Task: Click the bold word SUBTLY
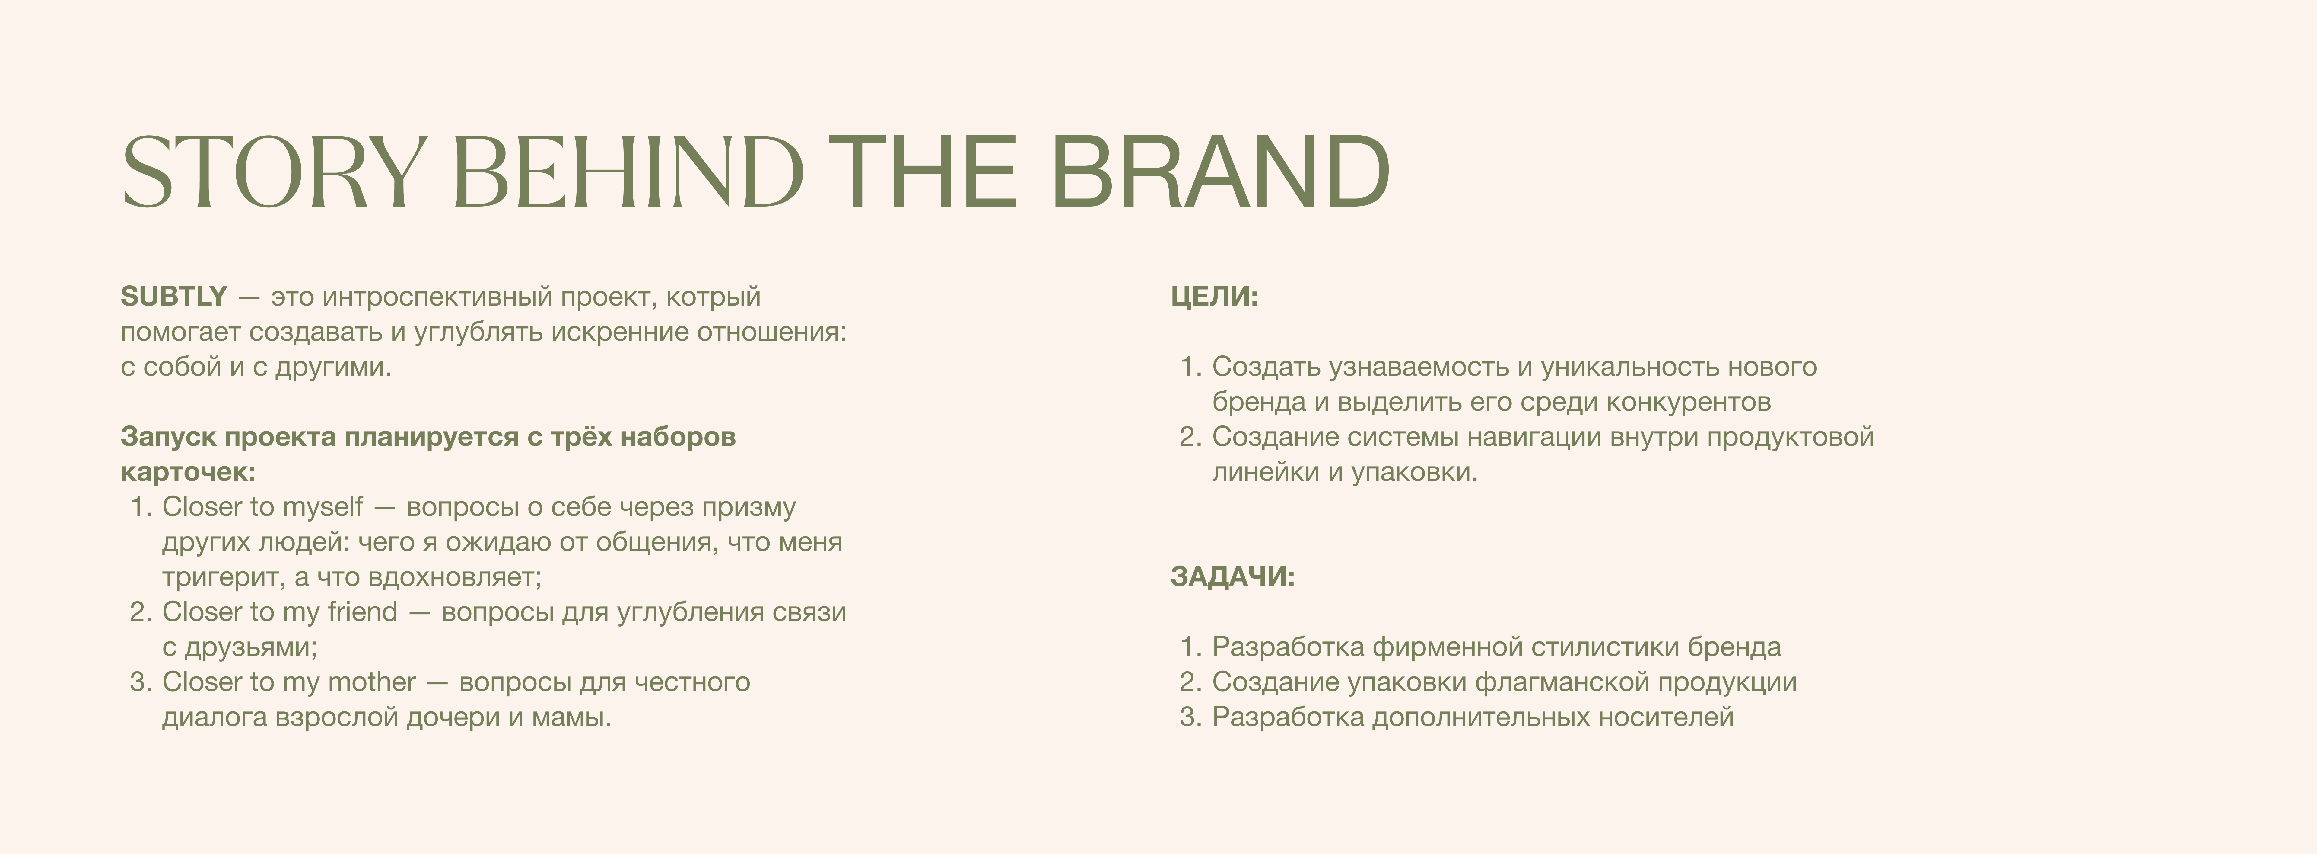coord(173,296)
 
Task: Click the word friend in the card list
coord(362,612)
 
